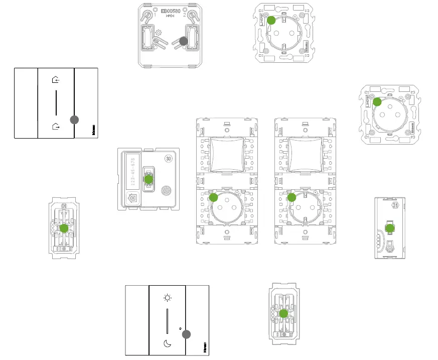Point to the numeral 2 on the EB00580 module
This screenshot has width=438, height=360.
[185, 15]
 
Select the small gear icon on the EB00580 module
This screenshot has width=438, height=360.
[158, 32]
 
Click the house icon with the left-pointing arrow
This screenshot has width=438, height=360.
[56, 79]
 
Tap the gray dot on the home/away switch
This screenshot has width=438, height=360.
[74, 119]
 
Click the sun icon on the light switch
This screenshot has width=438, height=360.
[168, 297]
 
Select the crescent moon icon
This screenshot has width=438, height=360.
[168, 344]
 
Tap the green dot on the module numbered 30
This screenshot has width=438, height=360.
[149, 179]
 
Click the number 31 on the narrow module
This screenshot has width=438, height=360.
[394, 205]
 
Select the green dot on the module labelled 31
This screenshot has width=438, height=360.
[390, 228]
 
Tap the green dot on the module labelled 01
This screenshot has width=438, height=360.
[64, 228]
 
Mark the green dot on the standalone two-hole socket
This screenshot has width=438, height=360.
[271, 21]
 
